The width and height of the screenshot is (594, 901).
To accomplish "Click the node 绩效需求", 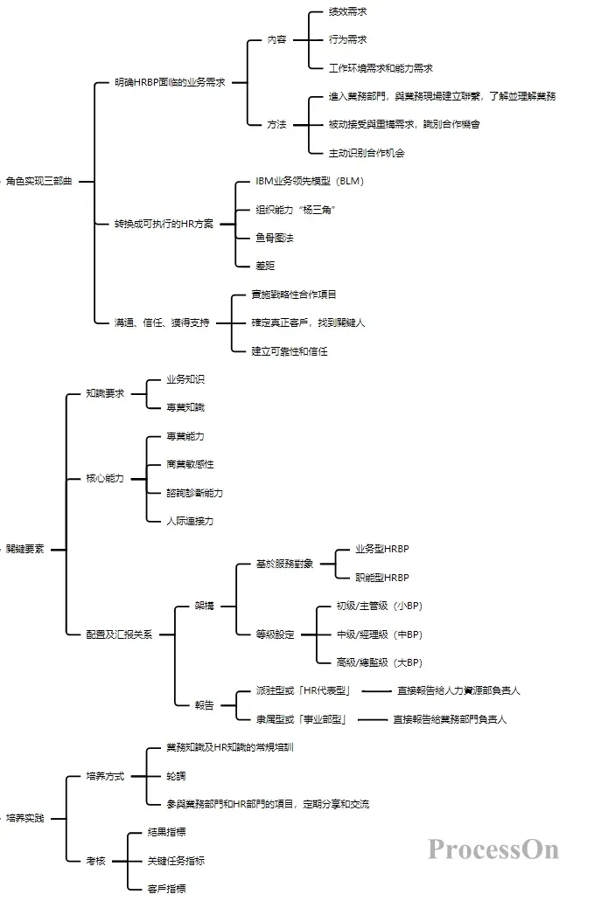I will point(347,11).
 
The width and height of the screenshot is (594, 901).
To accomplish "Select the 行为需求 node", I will point(347,39).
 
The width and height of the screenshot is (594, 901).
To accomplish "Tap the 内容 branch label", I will point(276,39).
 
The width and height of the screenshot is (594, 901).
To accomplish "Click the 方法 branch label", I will point(276,124).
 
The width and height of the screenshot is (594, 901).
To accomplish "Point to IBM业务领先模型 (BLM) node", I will point(309,181).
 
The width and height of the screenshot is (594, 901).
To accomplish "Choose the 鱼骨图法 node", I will point(274,238).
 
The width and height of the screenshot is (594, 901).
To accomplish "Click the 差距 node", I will point(264,266).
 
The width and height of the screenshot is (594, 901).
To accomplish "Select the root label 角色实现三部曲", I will point(39,181).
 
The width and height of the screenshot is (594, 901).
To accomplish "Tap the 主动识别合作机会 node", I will point(367,153).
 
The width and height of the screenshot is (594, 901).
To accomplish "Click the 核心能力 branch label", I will point(105,478).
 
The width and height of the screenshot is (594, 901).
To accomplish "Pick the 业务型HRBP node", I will point(381,549).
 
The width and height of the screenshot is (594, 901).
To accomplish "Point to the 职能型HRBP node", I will point(381,578).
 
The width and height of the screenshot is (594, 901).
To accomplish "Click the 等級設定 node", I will point(275,634).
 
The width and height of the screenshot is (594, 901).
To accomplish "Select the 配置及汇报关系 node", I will point(119,634).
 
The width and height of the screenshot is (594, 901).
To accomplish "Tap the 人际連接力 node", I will point(189,521).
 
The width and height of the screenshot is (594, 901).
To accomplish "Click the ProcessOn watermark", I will point(493,848).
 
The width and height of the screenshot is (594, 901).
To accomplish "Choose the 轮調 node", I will point(176,776).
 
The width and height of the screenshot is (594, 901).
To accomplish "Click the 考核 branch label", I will point(96,861).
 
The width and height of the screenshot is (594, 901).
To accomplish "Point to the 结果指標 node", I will point(166,832).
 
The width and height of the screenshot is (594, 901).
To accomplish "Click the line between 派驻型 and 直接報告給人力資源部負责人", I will point(374,690).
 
